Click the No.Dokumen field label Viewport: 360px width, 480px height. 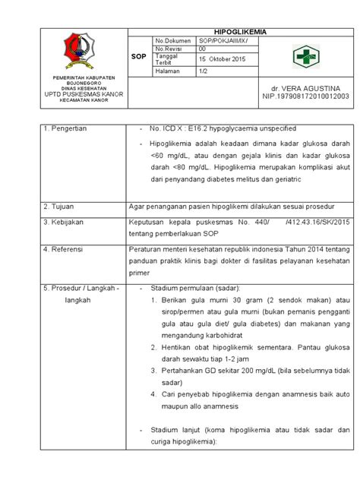[172, 39]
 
